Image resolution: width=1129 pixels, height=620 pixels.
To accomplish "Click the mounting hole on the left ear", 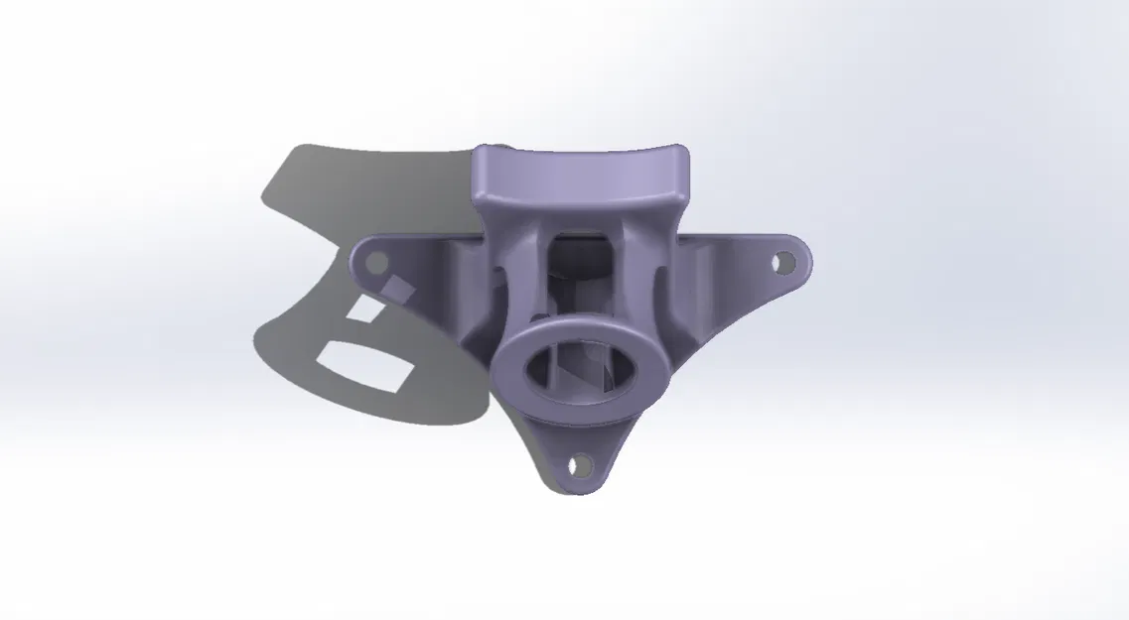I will pos(376,262).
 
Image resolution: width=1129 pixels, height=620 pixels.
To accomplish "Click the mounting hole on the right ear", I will pos(784,263).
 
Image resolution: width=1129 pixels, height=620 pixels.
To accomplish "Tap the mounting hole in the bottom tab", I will pos(577,464).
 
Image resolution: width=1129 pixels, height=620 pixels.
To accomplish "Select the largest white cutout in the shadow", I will pos(363,364).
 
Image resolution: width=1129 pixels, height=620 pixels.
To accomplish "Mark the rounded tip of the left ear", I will pos(354,260).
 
